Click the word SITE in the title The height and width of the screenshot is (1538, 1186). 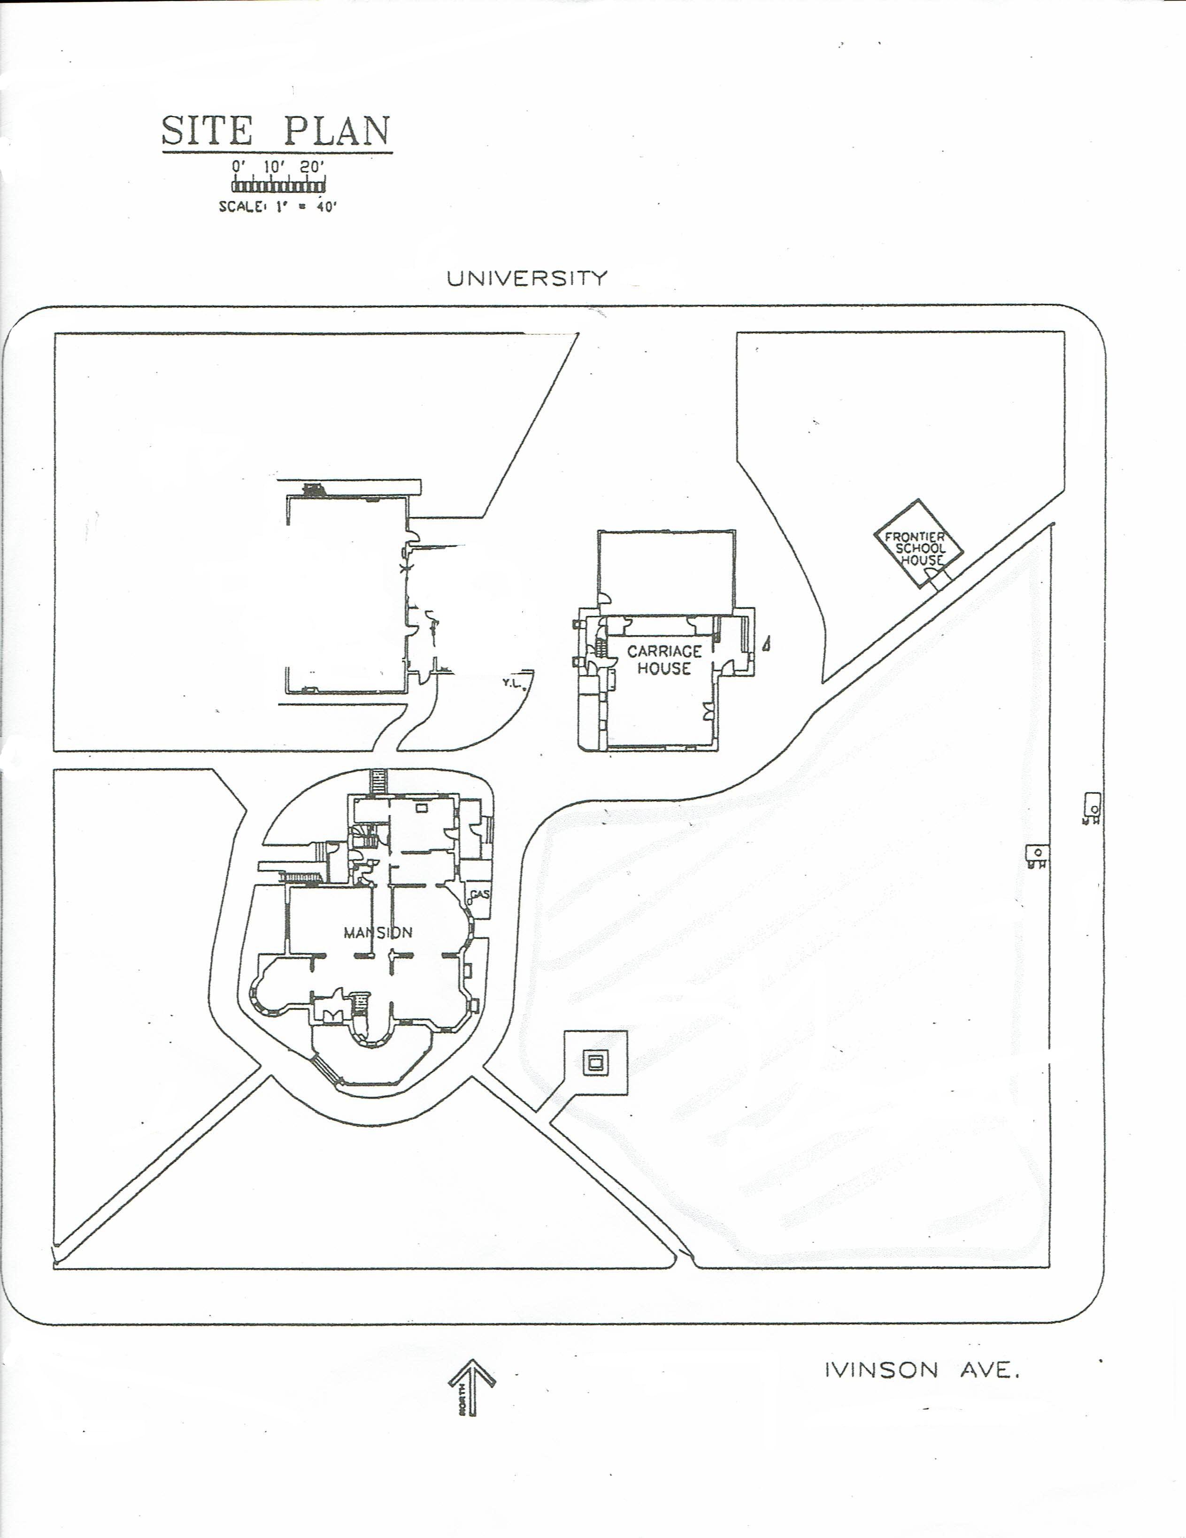click(207, 131)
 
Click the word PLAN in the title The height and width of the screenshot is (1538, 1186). click(337, 131)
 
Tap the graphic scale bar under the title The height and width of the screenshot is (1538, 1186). click(278, 186)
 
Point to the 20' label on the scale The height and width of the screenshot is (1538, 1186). click(312, 167)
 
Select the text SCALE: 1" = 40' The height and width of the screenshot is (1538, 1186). click(278, 207)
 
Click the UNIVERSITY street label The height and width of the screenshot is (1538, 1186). click(527, 278)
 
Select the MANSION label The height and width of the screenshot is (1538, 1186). click(377, 932)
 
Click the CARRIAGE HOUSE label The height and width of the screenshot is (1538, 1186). click(664, 660)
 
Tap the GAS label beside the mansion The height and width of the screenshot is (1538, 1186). click(480, 894)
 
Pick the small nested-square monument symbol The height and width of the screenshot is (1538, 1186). click(596, 1063)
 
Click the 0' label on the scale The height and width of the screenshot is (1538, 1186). click(238, 167)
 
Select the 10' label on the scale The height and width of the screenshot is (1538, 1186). click(273, 167)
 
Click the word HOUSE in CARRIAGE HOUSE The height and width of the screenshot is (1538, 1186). click(664, 669)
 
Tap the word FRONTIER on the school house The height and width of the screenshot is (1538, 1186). click(915, 537)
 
